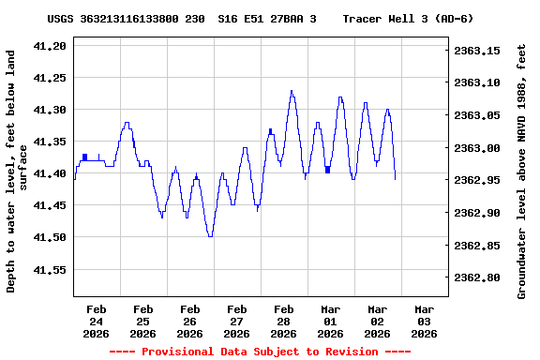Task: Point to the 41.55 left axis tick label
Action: point(49,269)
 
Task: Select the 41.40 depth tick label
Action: point(49,173)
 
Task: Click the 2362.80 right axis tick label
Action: point(477,277)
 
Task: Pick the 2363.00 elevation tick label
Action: point(477,148)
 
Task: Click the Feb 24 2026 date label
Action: point(96,321)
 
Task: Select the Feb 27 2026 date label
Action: point(236,321)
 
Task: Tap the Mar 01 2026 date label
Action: point(330,321)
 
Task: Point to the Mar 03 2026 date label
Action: point(424,321)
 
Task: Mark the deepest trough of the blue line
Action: point(210,236)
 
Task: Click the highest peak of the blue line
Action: point(292,91)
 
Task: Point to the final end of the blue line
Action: point(396,178)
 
